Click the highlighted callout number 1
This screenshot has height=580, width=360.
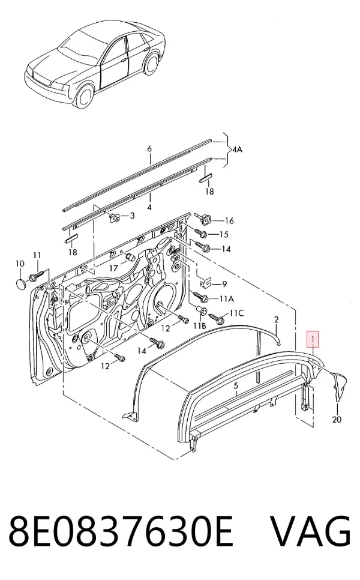pos(313,339)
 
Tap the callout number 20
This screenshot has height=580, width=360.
pos(337,420)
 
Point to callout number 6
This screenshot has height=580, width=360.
pos(149,149)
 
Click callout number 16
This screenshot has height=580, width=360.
pos(229,221)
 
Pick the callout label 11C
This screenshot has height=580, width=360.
pos(236,313)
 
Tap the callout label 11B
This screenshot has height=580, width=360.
pos(200,326)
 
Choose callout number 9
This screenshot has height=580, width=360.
pos(225,284)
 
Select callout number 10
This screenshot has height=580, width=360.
pos(20,264)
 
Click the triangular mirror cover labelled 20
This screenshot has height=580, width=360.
pos(340,385)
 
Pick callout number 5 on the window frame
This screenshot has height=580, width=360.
pos(236,386)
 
